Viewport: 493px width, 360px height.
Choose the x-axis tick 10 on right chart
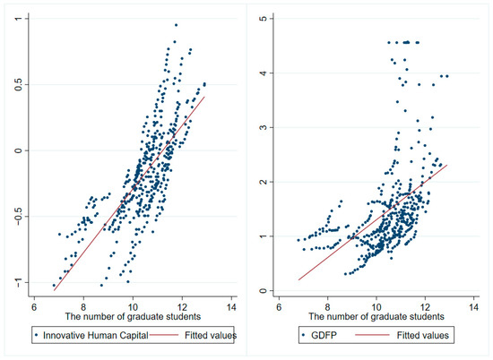tap(377, 303)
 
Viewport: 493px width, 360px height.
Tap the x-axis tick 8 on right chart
tap(328, 303)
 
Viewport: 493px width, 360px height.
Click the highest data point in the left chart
tap(176, 25)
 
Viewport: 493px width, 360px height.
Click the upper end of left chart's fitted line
tap(205, 97)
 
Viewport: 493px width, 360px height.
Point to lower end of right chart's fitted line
tap(298, 280)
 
